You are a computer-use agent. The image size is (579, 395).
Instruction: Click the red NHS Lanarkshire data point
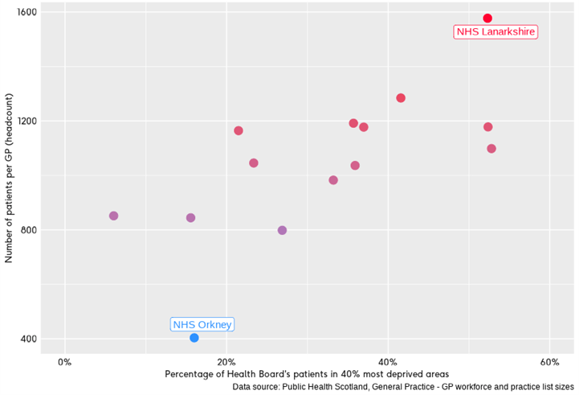click(487, 19)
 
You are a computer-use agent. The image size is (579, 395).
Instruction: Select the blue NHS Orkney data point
click(194, 338)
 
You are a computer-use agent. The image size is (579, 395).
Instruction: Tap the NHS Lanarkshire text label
click(495, 32)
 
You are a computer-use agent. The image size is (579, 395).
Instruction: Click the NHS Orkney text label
click(202, 325)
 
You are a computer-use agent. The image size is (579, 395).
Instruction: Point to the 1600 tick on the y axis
click(26, 12)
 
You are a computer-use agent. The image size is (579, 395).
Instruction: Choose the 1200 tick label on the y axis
click(26, 121)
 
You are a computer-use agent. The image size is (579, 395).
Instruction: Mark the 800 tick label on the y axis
click(28, 230)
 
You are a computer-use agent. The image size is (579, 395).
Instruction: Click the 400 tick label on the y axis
click(28, 339)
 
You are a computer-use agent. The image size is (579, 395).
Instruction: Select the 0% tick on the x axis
click(65, 360)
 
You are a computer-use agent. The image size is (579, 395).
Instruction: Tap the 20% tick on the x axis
click(226, 360)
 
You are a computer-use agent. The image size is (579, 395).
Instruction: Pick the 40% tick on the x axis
click(388, 360)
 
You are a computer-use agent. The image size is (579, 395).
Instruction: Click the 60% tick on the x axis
click(549, 360)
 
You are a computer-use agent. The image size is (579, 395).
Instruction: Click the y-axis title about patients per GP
click(9, 178)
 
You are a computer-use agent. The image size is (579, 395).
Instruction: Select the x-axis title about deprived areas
click(307, 374)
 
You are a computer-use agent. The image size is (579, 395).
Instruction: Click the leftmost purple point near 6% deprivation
click(114, 216)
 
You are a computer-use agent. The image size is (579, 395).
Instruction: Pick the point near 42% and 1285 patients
click(401, 98)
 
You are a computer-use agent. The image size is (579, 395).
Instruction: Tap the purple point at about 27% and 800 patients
click(282, 230)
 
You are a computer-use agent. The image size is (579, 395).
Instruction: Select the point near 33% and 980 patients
click(333, 180)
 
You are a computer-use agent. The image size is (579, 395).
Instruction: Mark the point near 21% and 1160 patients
click(239, 130)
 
